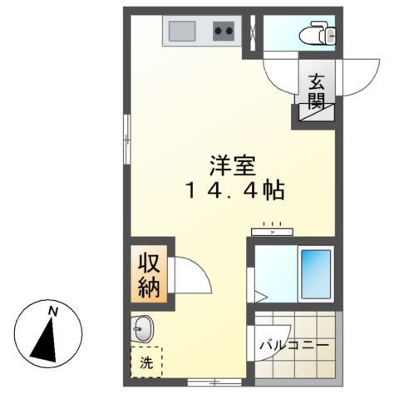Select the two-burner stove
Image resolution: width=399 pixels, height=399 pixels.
pos(224,32)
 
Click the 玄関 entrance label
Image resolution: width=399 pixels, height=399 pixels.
pos(317,91)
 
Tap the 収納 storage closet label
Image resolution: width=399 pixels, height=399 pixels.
pos(150,276)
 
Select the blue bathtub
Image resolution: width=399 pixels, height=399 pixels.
pos(315,273)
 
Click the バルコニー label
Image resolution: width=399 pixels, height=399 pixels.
pos(293,345)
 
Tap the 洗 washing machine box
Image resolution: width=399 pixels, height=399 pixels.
pos(146,362)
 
